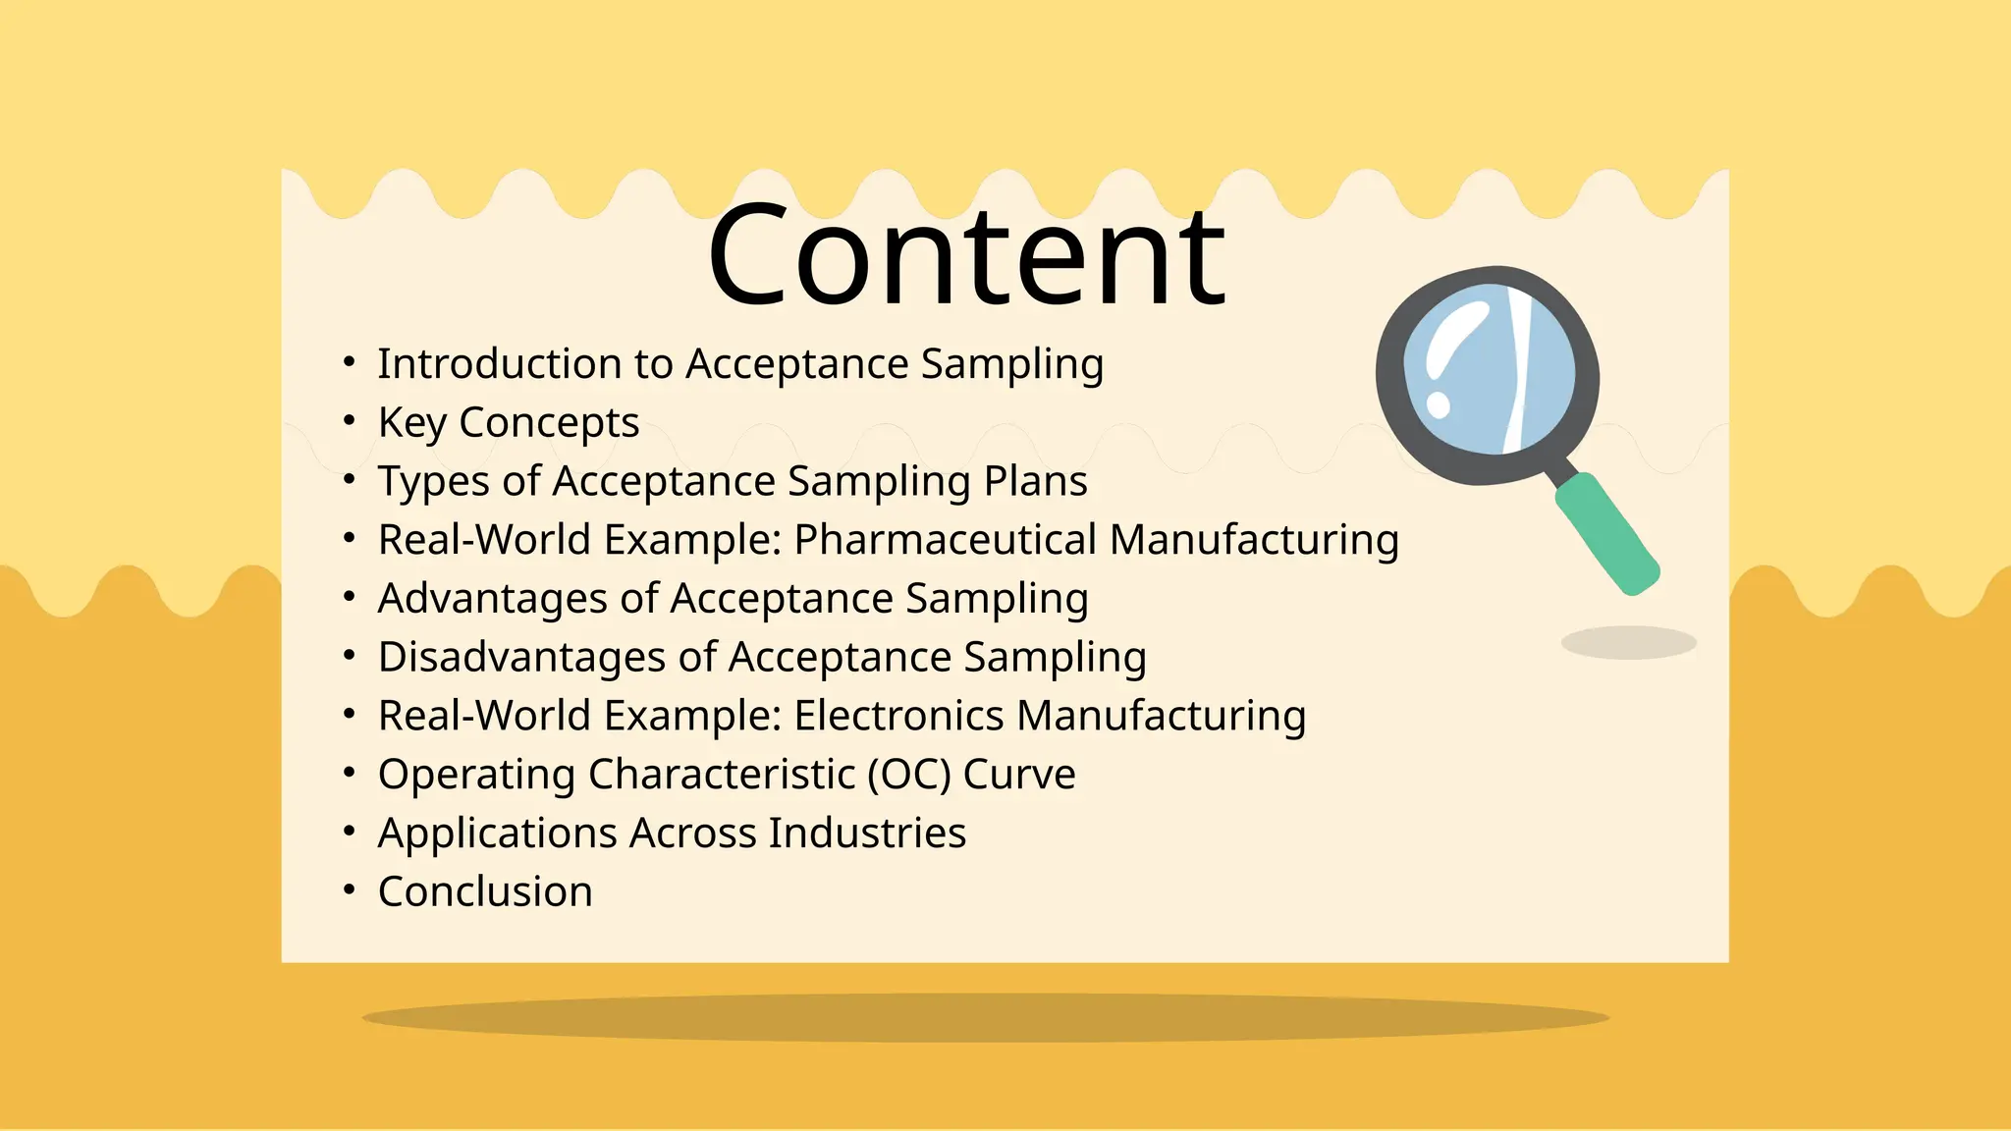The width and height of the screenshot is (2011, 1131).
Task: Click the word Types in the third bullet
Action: click(x=433, y=481)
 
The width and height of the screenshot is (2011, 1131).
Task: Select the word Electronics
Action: click(x=898, y=716)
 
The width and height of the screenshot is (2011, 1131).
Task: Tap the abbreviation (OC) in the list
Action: click(x=909, y=775)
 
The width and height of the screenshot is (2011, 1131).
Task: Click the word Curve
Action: click(x=1019, y=775)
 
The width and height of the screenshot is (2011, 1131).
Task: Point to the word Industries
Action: click(x=867, y=833)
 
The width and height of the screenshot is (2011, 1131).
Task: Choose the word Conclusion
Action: click(x=485, y=891)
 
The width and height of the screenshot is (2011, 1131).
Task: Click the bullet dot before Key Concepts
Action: click(x=349, y=421)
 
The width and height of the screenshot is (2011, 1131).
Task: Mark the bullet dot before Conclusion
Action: click(x=349, y=890)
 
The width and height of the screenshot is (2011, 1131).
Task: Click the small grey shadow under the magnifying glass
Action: click(x=1628, y=643)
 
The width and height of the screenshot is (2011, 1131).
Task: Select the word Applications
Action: click(x=497, y=834)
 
